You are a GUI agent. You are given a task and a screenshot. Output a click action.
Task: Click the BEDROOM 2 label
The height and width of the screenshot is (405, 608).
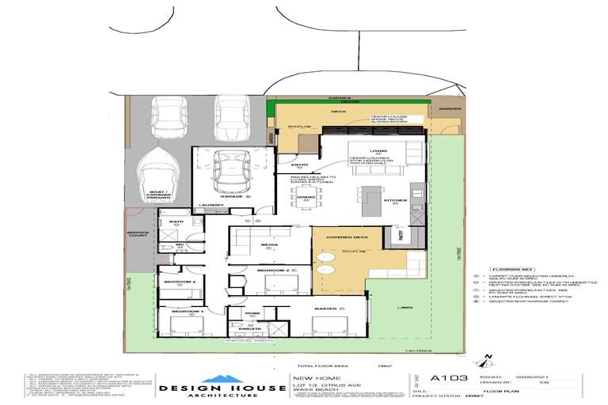point(273,271)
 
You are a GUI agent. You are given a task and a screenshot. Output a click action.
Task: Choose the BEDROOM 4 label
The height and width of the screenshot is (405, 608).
point(178,282)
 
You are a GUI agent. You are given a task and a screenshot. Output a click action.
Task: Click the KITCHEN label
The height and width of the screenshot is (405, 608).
point(395,201)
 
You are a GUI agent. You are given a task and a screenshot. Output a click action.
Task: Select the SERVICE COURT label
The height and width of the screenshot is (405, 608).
point(138,235)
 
